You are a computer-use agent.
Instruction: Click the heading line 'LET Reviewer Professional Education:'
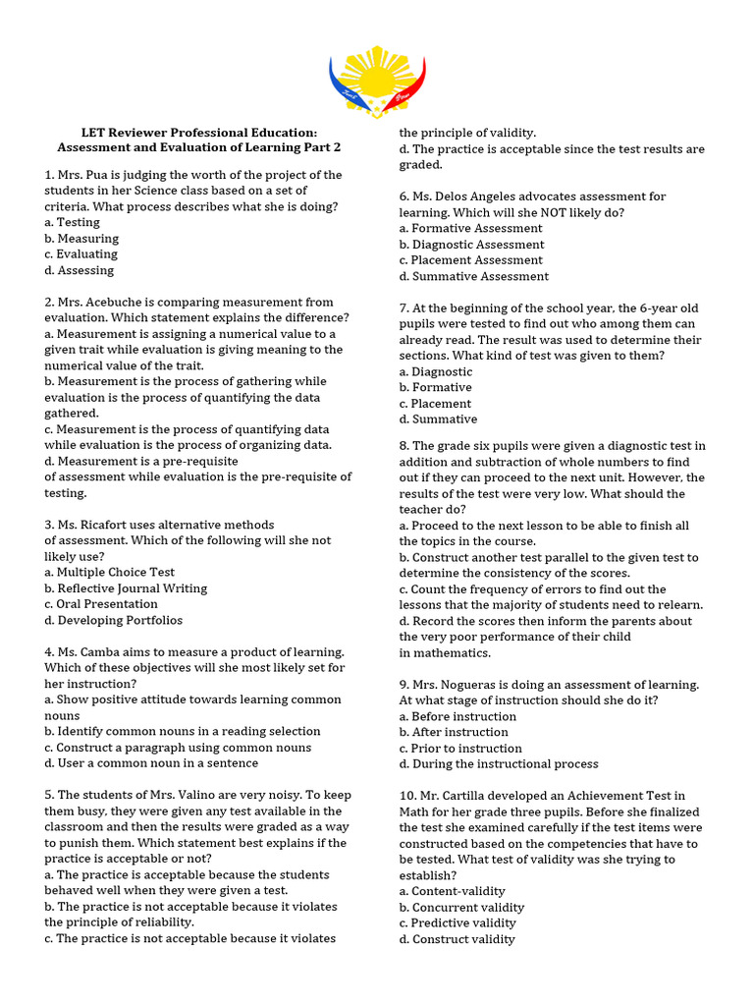[199, 132]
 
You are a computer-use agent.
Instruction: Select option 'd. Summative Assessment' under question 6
[474, 276]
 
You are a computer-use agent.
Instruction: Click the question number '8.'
[404, 446]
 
